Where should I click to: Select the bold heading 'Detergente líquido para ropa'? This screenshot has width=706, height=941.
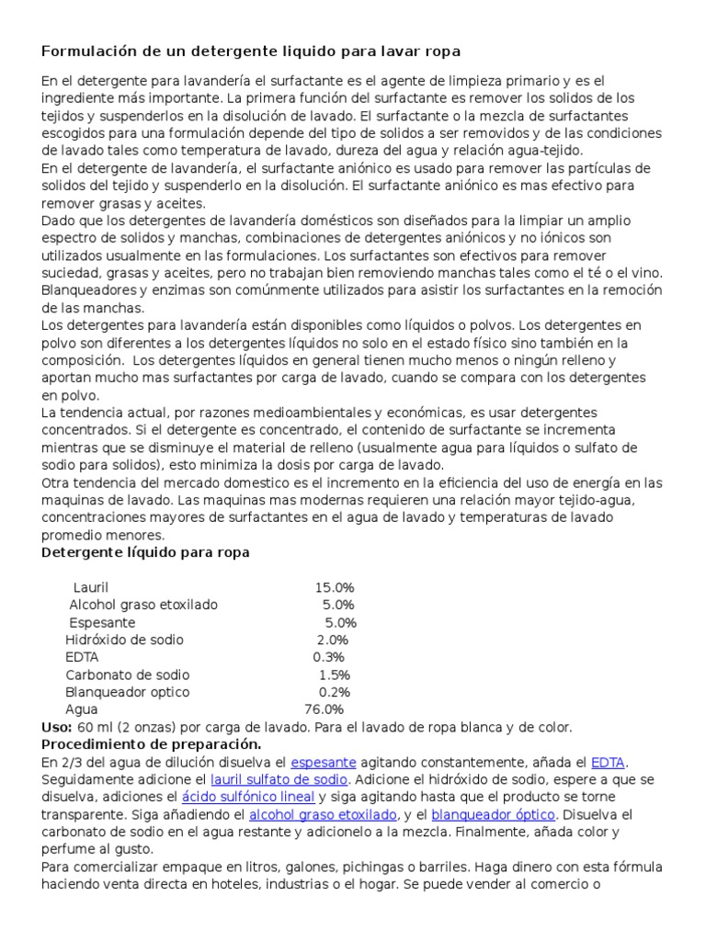tap(145, 552)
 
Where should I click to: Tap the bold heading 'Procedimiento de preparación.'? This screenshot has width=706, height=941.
tap(152, 743)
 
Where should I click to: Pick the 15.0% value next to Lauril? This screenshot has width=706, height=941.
tap(335, 587)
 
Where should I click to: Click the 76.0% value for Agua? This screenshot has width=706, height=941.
tap(324, 709)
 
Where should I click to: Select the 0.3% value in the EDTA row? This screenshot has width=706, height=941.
tap(328, 657)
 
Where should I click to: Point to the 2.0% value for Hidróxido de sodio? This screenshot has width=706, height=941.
tap(333, 640)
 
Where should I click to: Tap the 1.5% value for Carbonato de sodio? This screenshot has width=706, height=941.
tap(335, 675)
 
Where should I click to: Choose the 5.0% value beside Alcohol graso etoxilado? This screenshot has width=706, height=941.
tap(338, 605)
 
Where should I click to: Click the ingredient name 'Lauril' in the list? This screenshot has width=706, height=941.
tap(91, 587)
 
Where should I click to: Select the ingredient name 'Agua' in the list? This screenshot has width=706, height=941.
tap(81, 709)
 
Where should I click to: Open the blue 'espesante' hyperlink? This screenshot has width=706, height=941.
tap(322, 762)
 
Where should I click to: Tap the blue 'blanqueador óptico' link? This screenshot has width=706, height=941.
tap(493, 814)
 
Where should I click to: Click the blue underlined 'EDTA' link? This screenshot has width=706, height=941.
tap(609, 762)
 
